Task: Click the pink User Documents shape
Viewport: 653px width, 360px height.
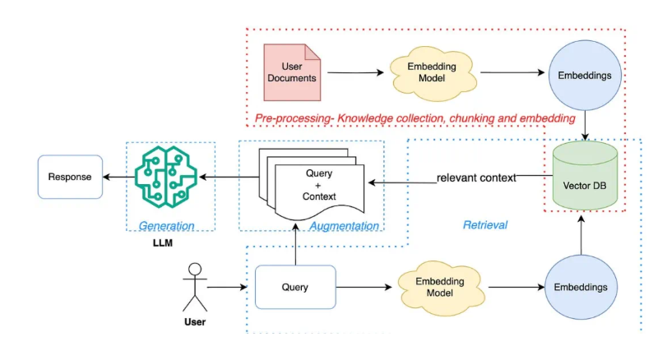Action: point(293,72)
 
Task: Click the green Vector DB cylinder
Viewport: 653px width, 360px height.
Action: point(585,176)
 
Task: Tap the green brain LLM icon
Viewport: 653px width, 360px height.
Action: point(166,176)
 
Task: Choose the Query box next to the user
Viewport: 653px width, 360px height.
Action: point(295,287)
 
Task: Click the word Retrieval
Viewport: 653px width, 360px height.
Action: point(485,224)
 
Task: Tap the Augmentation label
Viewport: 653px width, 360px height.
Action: point(345,226)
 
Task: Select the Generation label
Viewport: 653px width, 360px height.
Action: point(166,226)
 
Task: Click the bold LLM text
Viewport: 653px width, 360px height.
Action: point(166,246)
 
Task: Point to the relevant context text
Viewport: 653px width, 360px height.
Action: point(476,178)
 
